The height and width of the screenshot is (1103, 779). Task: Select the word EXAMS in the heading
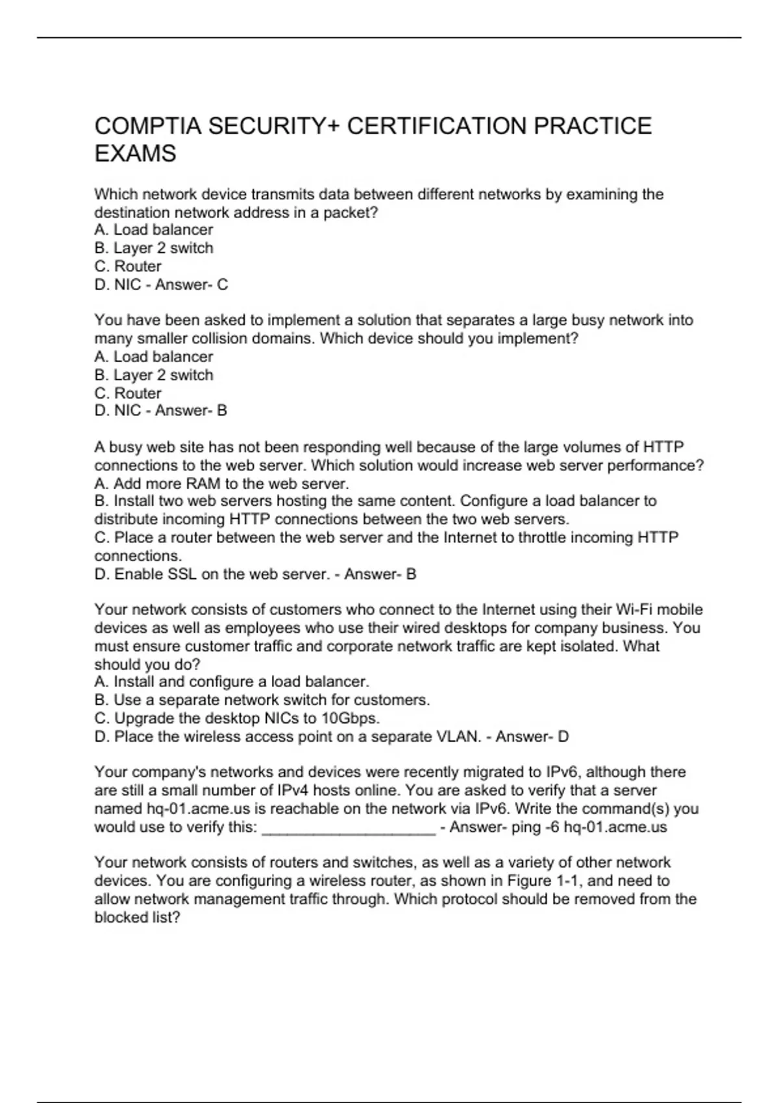click(135, 154)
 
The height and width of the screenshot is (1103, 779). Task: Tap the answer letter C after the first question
click(223, 284)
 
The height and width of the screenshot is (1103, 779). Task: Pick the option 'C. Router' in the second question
click(128, 393)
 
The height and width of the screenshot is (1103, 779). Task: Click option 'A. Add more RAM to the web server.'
click(221, 483)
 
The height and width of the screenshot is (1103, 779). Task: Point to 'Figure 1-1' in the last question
click(549, 880)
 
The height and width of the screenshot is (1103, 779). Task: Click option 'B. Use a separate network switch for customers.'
click(262, 700)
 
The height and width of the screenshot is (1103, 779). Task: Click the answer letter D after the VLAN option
click(563, 736)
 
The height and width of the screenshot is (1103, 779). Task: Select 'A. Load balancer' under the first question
click(153, 230)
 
